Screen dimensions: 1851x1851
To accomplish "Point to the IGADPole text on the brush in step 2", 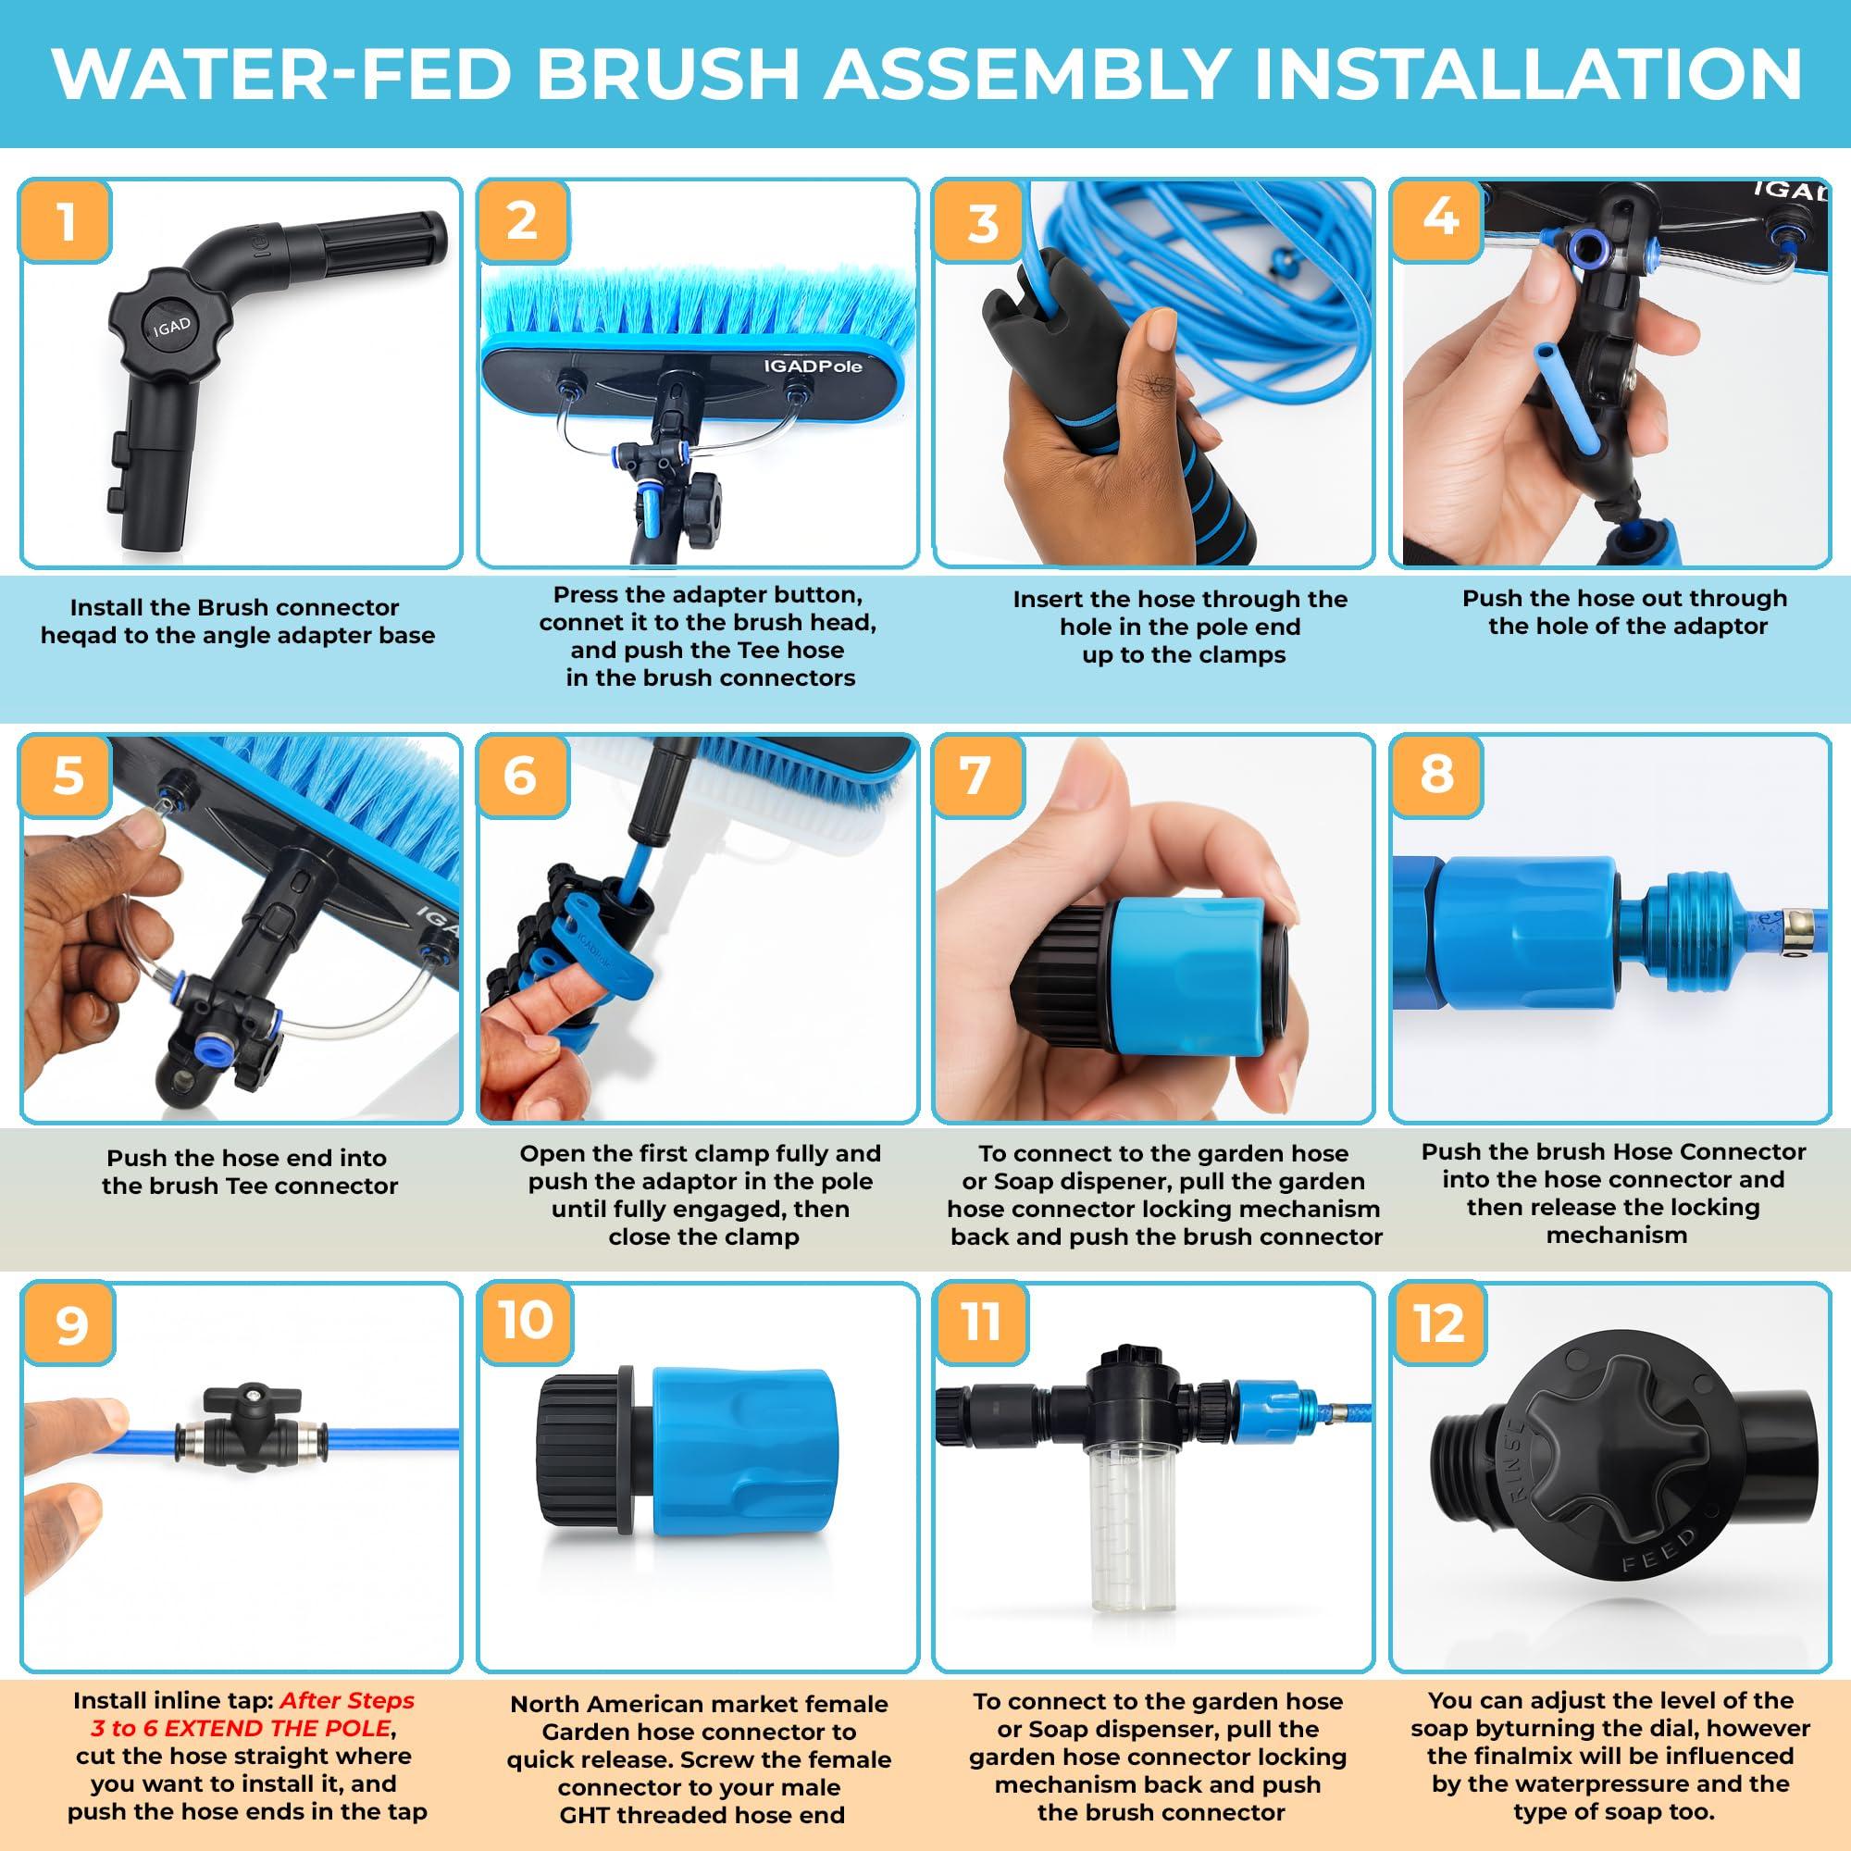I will [813, 366].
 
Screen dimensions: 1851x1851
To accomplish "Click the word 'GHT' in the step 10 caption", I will [589, 1815].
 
